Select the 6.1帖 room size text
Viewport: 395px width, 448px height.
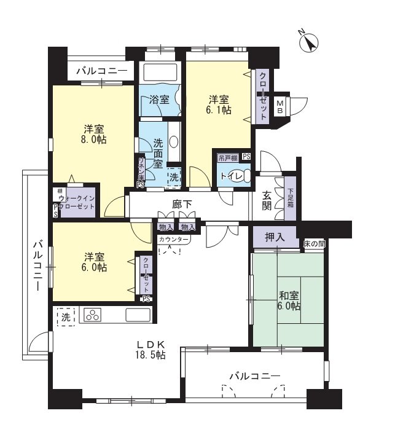click(219, 110)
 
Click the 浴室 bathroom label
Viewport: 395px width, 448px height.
click(159, 100)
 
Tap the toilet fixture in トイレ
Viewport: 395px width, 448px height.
click(243, 177)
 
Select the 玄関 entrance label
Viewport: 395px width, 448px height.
click(268, 200)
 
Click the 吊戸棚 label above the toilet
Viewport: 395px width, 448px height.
click(227, 157)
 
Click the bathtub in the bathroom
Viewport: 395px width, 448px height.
click(160, 73)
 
